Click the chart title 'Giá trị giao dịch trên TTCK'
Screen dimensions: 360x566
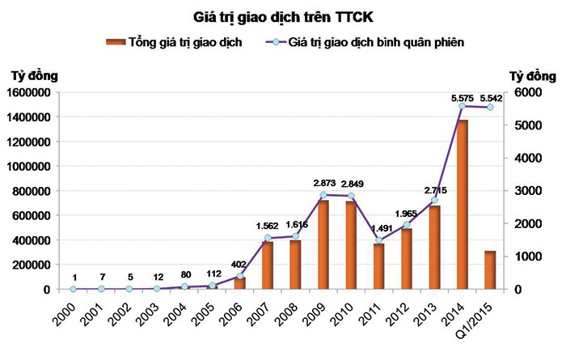pos(283,15)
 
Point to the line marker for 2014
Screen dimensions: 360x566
pos(463,106)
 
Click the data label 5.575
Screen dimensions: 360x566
pos(462,97)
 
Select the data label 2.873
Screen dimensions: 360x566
pos(323,184)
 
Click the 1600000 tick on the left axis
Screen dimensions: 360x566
pos(29,92)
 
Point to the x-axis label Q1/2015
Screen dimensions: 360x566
pos(483,316)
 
